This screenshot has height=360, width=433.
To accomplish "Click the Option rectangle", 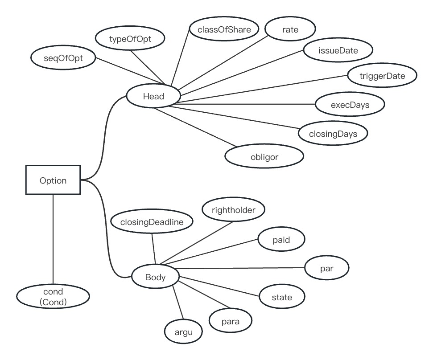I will [x=53, y=180].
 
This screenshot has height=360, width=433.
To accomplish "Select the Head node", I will [x=153, y=96].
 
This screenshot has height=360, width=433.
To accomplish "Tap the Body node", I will [x=155, y=277].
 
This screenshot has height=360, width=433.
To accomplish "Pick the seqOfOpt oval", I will [x=63, y=57].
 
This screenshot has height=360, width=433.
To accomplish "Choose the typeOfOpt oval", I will [x=130, y=39].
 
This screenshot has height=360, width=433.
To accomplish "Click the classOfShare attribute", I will [x=224, y=30].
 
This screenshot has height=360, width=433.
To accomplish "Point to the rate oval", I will [x=290, y=30].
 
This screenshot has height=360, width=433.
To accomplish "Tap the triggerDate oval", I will [x=382, y=76].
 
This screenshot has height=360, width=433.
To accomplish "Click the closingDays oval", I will [x=333, y=133].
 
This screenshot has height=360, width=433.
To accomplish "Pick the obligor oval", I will [x=264, y=156].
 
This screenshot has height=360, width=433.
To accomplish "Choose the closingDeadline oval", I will [x=152, y=221].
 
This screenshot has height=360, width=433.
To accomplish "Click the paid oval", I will [x=281, y=240].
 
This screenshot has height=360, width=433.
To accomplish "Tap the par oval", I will [x=327, y=269].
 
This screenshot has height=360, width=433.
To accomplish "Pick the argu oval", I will [x=183, y=331].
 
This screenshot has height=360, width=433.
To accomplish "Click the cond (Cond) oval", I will [x=53, y=297].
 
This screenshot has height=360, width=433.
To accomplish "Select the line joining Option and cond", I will [x=53, y=241].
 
